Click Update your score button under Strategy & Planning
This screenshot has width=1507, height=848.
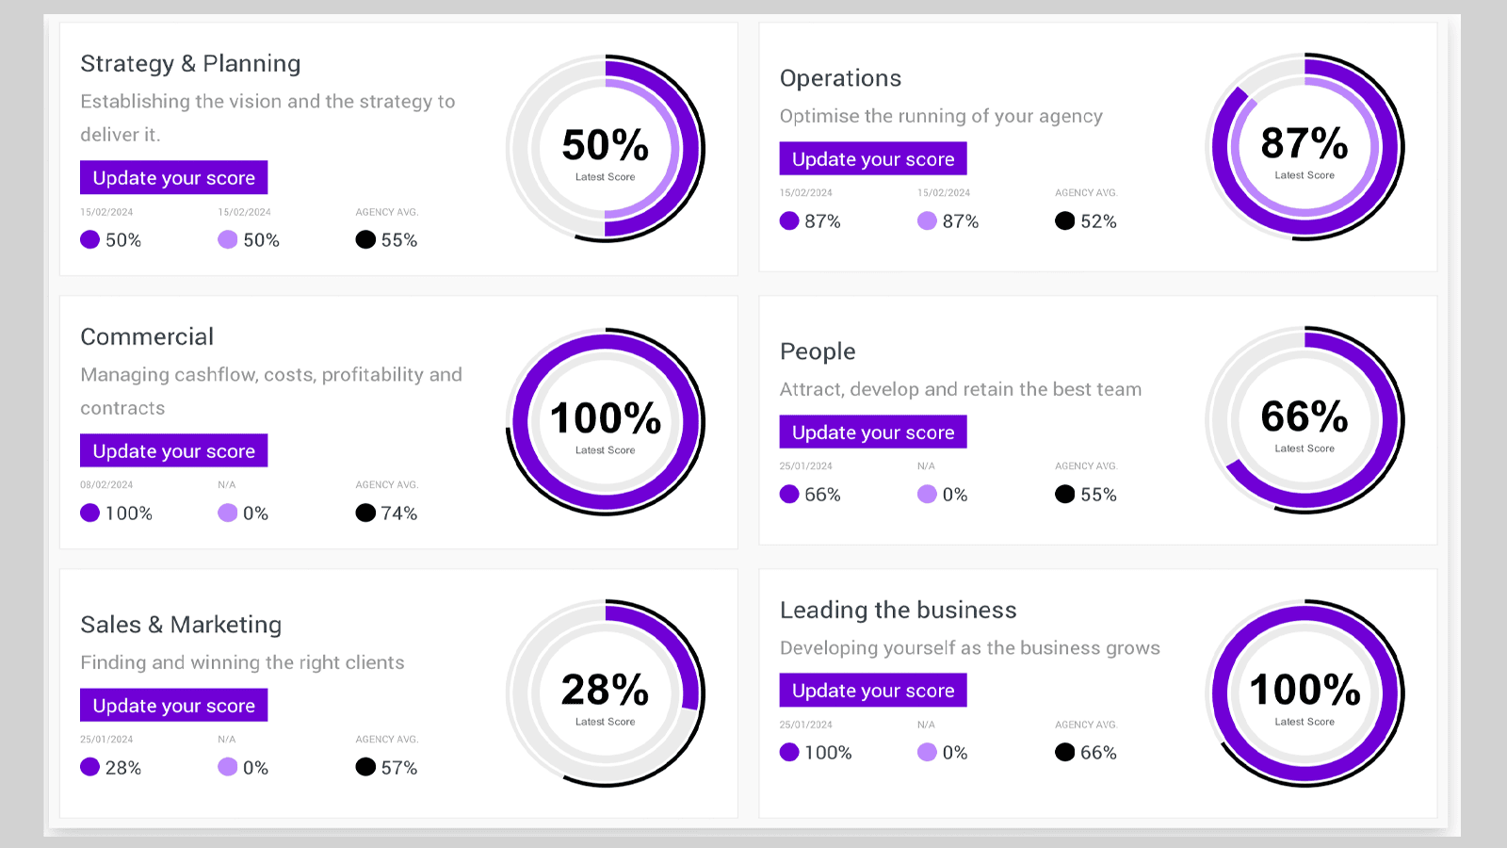coord(173,178)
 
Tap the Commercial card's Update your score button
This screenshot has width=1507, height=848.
coord(173,451)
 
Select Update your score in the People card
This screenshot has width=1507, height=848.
coord(872,432)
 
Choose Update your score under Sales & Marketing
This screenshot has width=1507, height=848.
coord(173,706)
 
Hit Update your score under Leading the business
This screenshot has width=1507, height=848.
coord(872,691)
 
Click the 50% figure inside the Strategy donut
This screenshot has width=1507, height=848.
coord(605,146)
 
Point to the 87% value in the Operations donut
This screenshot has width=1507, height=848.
coord(1304,144)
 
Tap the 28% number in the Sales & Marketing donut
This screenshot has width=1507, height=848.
coord(605,691)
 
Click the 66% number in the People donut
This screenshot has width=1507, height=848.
coord(1304,417)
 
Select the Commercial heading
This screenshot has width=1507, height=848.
coord(147,336)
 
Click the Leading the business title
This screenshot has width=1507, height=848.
coord(898,610)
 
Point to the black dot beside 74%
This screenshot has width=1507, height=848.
coord(365,513)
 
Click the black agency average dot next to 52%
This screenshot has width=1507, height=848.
coord(1064,220)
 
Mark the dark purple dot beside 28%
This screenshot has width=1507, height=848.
coord(89,767)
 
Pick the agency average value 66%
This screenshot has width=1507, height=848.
coord(1098,753)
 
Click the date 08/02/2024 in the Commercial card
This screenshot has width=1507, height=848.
coord(106,485)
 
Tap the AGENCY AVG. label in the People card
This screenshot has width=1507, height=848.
coord(1086,466)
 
